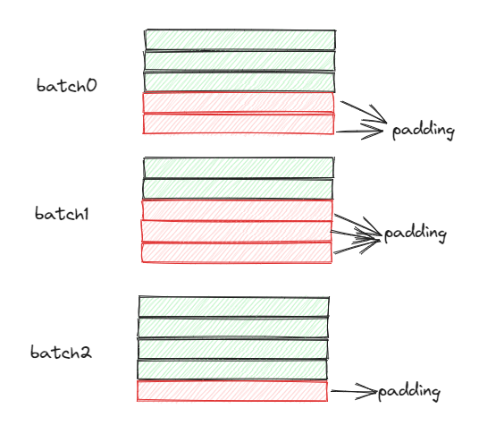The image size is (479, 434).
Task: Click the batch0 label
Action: (x=67, y=85)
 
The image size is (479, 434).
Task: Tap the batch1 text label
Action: (x=62, y=214)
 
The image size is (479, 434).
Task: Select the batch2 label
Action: (x=61, y=352)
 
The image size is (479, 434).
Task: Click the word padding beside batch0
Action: (x=424, y=131)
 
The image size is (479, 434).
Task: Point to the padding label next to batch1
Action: (x=416, y=234)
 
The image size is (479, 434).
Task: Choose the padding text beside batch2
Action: (x=409, y=392)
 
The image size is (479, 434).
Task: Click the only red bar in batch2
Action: (x=232, y=391)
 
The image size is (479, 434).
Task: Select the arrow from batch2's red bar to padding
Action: (x=354, y=391)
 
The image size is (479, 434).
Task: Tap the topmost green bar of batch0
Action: (x=240, y=39)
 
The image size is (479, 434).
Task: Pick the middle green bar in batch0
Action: (x=239, y=61)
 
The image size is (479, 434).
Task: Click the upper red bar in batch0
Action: (x=239, y=103)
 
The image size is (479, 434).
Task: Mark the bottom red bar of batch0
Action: (x=239, y=123)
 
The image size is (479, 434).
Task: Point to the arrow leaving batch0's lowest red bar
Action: (x=359, y=132)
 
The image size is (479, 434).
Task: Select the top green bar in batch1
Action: (x=239, y=167)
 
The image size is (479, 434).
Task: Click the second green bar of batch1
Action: (x=238, y=189)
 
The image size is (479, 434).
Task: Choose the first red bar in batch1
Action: (x=237, y=210)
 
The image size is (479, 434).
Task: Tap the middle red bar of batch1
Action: (x=237, y=231)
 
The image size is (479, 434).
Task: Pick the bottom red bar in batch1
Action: (x=237, y=252)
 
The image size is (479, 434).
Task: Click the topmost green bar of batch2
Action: (x=234, y=307)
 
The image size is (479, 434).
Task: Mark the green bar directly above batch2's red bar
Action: (x=232, y=370)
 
